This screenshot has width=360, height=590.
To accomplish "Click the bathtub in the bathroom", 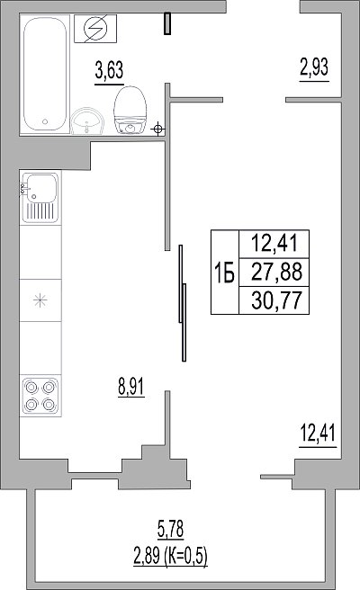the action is pyautogui.click(x=45, y=74).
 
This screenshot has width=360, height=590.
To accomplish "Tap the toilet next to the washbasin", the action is pyautogui.click(x=130, y=111).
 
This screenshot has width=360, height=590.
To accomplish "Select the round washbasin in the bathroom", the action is pyautogui.click(x=87, y=121).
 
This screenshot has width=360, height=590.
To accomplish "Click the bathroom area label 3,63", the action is pyautogui.click(x=109, y=70).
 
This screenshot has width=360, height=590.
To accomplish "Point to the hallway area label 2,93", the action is pyautogui.click(x=314, y=67).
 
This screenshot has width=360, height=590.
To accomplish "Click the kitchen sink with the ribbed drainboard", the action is pyautogui.click(x=40, y=198).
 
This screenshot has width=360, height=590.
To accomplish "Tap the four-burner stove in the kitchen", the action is pyautogui.click(x=40, y=395).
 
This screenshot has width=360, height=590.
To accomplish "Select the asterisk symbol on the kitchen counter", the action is pyautogui.click(x=40, y=299).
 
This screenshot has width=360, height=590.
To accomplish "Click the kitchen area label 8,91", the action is pyautogui.click(x=131, y=386).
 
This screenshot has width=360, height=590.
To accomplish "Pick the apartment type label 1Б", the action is pyautogui.click(x=224, y=273).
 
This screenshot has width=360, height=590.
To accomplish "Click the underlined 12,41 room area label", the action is pyautogui.click(x=318, y=433).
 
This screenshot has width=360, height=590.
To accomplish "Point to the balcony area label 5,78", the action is pyautogui.click(x=171, y=529).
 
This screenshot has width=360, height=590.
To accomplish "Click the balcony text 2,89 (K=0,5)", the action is pyautogui.click(x=171, y=557).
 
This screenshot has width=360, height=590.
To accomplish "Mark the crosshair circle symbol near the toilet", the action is pyautogui.click(x=158, y=130).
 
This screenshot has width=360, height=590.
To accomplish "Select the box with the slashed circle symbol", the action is pyautogui.click(x=95, y=29).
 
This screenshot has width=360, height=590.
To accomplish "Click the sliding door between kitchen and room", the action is pyautogui.click(x=183, y=303).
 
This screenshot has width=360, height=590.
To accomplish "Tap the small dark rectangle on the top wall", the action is pyautogui.click(x=167, y=23).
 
